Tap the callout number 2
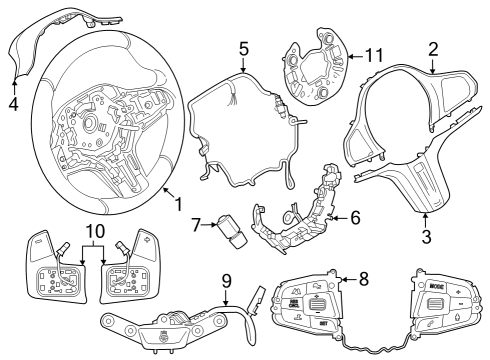point(433,48)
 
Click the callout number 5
point(243,47)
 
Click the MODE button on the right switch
point(436,286)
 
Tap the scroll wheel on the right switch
point(435,306)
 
